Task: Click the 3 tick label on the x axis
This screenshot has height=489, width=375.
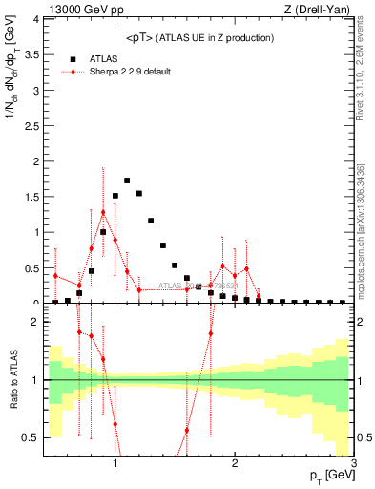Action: point(353,464)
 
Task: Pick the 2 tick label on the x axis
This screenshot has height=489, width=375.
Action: point(235,464)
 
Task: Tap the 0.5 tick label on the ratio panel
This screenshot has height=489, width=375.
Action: point(31,437)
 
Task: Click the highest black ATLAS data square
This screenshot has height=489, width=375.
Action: point(127,180)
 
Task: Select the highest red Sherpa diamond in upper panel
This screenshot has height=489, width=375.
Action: point(103,212)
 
